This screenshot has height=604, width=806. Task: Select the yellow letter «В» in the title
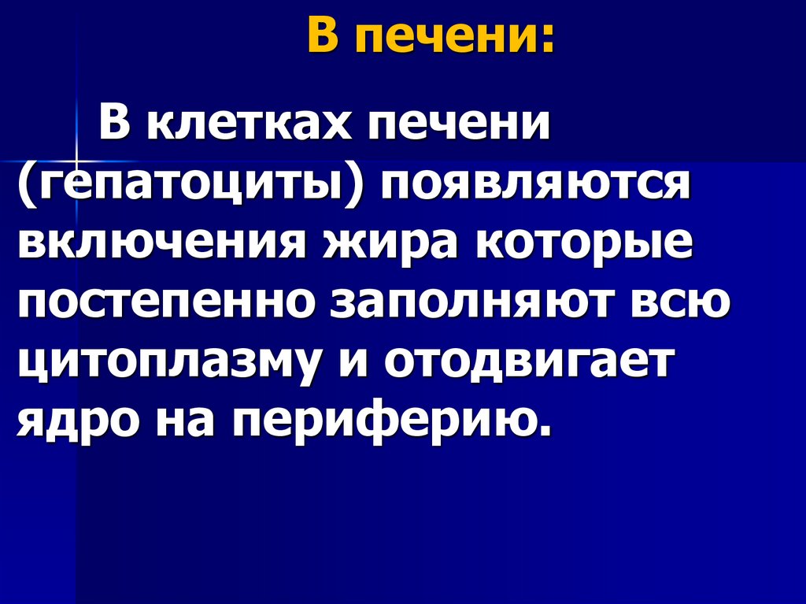321,36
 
